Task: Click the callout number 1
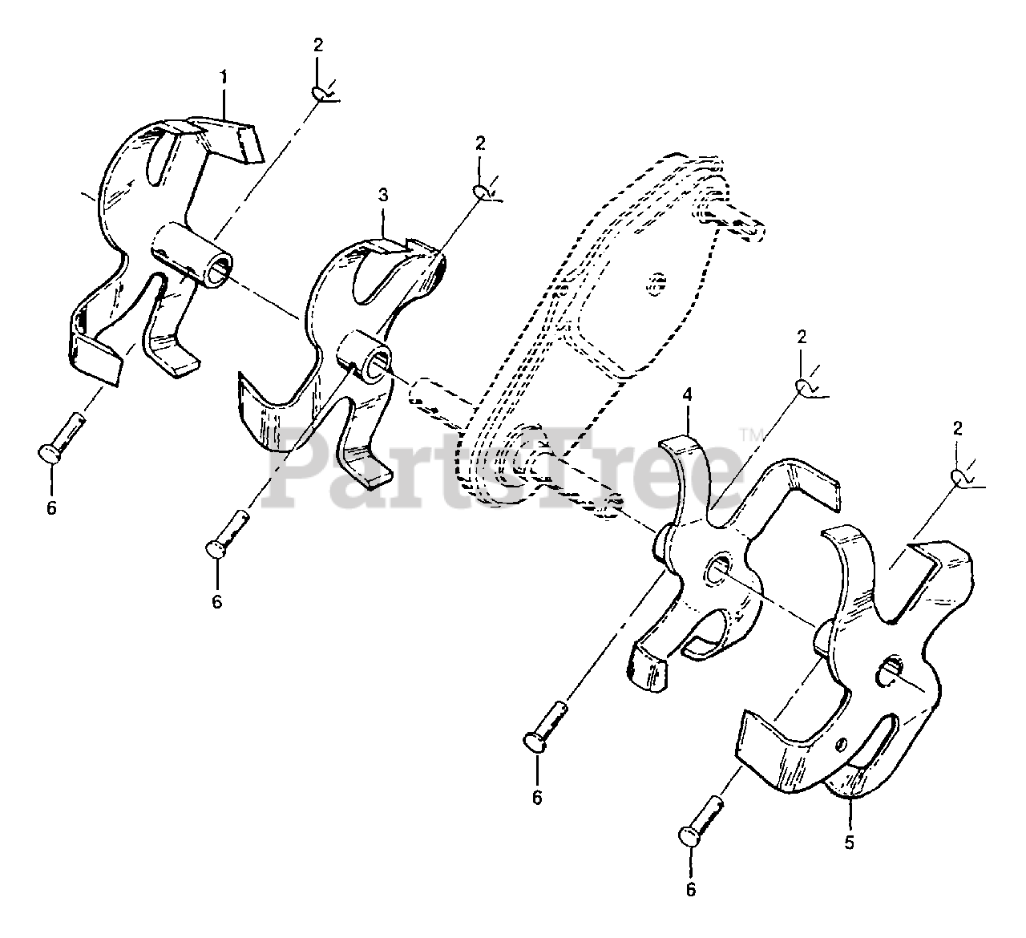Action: (224, 77)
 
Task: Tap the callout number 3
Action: (383, 194)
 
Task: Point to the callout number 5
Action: (850, 843)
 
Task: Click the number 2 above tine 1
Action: (318, 46)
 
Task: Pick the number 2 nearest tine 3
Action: (480, 144)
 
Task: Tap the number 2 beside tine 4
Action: (802, 337)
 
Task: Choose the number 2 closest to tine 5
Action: (957, 429)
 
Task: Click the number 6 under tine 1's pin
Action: (51, 507)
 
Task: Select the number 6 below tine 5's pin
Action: (691, 888)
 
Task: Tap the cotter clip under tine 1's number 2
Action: (325, 95)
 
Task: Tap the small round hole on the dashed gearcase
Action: (656, 281)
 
